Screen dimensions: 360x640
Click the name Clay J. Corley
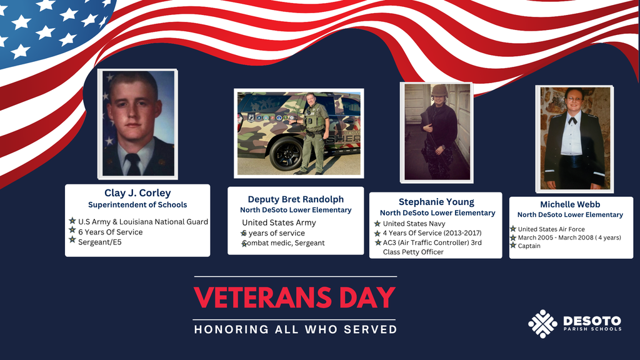point(137,193)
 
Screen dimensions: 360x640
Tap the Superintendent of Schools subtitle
point(137,205)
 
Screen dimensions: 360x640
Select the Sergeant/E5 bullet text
point(100,242)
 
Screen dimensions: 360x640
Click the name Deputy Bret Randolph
point(296,199)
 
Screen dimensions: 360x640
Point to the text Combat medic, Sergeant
point(284,243)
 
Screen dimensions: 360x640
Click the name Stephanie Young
point(436,202)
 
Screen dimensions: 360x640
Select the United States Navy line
point(414,224)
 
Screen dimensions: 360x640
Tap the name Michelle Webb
point(570,204)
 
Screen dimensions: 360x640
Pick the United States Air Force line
point(551,229)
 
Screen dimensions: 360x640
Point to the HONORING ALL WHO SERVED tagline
point(296,329)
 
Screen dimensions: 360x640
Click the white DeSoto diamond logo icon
point(542,324)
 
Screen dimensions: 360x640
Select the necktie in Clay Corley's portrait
point(133,164)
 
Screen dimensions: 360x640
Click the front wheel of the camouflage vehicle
point(285,154)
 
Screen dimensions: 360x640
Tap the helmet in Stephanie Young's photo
point(439,90)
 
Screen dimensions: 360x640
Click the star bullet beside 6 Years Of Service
point(72,231)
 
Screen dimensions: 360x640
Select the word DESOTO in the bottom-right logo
point(592,319)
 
